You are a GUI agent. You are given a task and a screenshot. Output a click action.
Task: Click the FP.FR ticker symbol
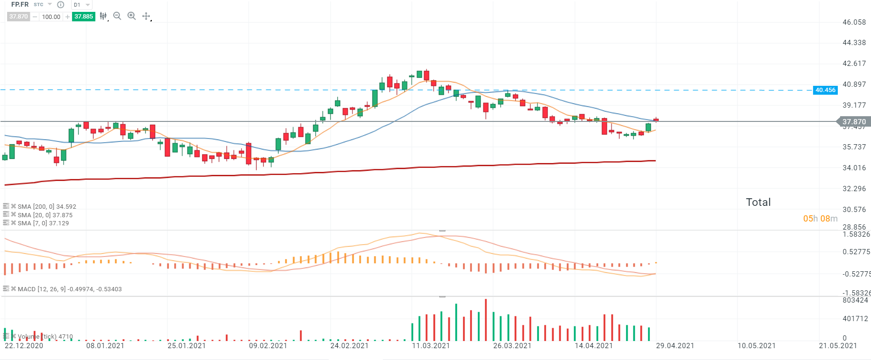20,5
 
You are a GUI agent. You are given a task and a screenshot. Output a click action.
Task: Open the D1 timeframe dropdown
81,5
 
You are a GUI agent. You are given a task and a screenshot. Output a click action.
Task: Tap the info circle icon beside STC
61,5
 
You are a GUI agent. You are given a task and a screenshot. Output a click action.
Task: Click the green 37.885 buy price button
83,17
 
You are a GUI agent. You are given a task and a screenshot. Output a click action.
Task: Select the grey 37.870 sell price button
19,17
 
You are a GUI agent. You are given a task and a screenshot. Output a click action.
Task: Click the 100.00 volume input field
51,17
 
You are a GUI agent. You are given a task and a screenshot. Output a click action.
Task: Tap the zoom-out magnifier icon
117,16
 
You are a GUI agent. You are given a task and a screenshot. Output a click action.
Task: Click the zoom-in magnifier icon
131,16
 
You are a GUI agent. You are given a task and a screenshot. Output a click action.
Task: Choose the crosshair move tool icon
146,16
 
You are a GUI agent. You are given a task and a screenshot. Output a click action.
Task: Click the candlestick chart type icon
103,16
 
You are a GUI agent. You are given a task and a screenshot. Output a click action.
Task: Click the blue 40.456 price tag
825,90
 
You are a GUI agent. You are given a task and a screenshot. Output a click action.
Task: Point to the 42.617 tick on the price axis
854,64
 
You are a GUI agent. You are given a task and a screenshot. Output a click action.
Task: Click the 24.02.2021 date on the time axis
349,346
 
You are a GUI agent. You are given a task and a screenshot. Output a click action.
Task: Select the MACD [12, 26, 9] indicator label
69,289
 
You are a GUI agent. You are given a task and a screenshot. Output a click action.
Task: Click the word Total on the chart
758,203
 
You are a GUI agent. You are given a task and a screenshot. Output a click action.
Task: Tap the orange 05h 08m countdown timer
820,219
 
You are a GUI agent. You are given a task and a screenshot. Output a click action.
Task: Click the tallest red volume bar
486,320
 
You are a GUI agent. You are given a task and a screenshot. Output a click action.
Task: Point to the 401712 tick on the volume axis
855,319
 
